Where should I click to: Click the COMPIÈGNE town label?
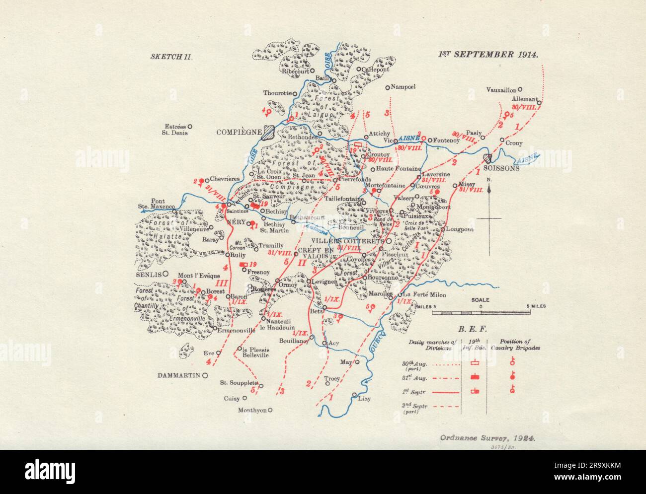(x=239, y=132)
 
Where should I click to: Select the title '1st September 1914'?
(x=487, y=55)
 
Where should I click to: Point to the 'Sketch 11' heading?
(x=171, y=56)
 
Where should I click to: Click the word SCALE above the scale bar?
(x=481, y=300)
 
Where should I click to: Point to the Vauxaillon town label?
(x=501, y=90)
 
